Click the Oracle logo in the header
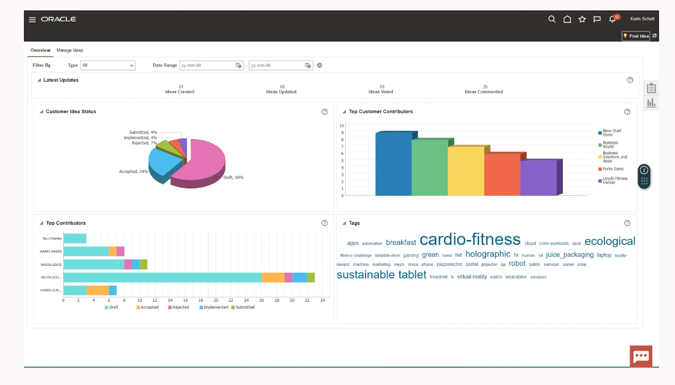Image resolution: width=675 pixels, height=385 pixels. pyautogui.click(x=58, y=19)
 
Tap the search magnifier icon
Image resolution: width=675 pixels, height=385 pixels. pyautogui.click(x=551, y=19)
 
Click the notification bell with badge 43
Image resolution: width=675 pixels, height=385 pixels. pyautogui.click(x=613, y=19)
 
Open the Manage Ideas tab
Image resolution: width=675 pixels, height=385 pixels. pyautogui.click(x=70, y=50)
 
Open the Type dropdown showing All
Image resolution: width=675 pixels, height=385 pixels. pyautogui.click(x=108, y=65)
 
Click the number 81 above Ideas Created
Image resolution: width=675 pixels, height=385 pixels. pyautogui.click(x=181, y=87)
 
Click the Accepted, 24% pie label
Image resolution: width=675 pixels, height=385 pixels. pyautogui.click(x=133, y=172)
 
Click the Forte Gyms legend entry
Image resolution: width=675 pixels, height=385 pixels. pyautogui.click(x=613, y=169)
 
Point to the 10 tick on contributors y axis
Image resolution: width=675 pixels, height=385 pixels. pyautogui.click(x=341, y=126)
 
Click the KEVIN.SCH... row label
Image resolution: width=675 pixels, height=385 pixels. pyautogui.click(x=51, y=277)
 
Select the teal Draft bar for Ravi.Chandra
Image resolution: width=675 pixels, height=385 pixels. pyautogui.click(x=75, y=238)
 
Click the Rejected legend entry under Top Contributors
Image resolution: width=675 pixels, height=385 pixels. pyautogui.click(x=180, y=307)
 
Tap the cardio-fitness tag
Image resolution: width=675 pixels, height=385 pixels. pyautogui.click(x=470, y=240)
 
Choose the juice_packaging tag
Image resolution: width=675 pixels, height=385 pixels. pyautogui.click(x=569, y=254)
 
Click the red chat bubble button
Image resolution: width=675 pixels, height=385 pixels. pyautogui.click(x=640, y=356)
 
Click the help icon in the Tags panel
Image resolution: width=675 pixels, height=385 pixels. pyautogui.click(x=627, y=223)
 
